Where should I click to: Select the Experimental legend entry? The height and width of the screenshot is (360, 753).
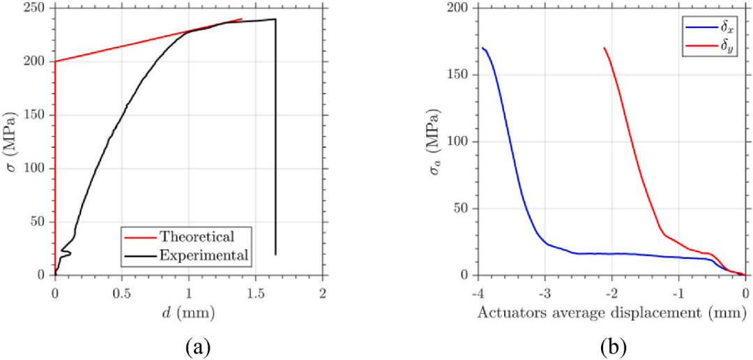pyautogui.click(x=204, y=255)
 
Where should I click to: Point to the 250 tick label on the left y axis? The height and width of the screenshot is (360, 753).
pyautogui.click(x=38, y=8)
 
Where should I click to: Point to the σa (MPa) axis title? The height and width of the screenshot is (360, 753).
pyautogui.click(x=435, y=142)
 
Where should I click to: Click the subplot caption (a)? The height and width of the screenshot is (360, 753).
pyautogui.click(x=188, y=345)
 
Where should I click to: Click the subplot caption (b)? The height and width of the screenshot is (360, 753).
pyautogui.click(x=611, y=345)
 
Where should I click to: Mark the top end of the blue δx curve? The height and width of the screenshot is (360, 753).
pyautogui.click(x=482, y=47)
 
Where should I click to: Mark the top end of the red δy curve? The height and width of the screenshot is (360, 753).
pyautogui.click(x=604, y=47)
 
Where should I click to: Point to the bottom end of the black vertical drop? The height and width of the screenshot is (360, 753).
pyautogui.click(x=275, y=255)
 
